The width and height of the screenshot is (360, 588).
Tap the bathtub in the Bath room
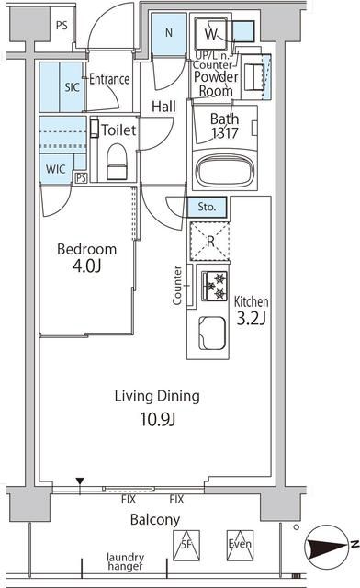[225, 172]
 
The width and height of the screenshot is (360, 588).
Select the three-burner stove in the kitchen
[215, 286]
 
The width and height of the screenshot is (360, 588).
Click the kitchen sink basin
[212, 333]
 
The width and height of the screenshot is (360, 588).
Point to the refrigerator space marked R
[209, 242]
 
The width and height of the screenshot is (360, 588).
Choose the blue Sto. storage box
[207, 207]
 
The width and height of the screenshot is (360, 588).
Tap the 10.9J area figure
[158, 419]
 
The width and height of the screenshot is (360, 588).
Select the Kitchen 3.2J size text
[251, 311]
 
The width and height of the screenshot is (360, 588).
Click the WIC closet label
[55, 169]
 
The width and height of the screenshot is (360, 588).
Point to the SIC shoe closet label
[72, 87]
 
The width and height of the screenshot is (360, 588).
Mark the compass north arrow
[325, 546]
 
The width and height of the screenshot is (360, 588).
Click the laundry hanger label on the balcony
[125, 561]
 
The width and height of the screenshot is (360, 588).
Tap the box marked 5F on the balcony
[186, 545]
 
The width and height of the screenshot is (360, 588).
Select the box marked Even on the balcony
[240, 545]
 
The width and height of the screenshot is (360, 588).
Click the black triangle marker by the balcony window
[80, 481]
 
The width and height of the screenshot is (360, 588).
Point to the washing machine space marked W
[210, 34]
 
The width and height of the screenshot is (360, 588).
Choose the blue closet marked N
[169, 34]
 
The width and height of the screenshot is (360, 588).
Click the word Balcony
[155, 520]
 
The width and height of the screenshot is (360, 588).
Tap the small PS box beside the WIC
[81, 177]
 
